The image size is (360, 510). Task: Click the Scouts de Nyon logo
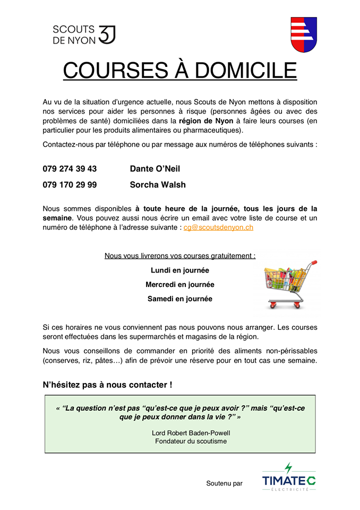(x=83, y=35)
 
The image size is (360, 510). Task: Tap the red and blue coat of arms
(x=304, y=35)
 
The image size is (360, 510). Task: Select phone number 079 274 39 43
(x=70, y=169)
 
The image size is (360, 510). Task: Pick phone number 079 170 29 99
(x=70, y=185)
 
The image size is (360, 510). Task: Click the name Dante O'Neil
(x=155, y=169)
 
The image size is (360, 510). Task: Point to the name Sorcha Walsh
(x=158, y=185)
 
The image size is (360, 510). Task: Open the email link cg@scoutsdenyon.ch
(x=218, y=227)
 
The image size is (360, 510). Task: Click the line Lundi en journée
(x=179, y=270)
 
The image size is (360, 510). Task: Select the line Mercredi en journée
(x=179, y=285)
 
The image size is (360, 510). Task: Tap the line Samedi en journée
(x=179, y=299)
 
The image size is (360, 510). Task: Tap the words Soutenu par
(x=224, y=483)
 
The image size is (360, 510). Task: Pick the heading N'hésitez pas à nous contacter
(x=107, y=384)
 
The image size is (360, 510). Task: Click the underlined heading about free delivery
(x=179, y=256)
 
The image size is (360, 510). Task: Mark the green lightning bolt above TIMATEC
(x=288, y=468)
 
